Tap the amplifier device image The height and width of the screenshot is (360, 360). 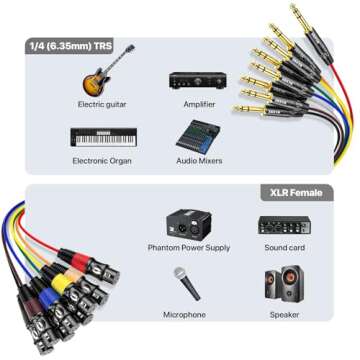pyautogui.click(x=193, y=79)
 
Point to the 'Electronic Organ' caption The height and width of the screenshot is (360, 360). pyautogui.click(x=101, y=160)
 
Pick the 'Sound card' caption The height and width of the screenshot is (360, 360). pyautogui.click(x=284, y=248)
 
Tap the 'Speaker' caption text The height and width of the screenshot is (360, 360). pyautogui.click(x=284, y=315)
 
